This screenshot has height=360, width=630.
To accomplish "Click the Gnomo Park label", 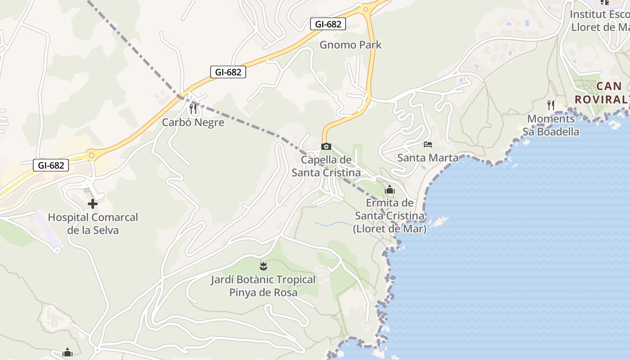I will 350,45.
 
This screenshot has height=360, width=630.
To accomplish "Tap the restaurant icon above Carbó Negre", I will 193,108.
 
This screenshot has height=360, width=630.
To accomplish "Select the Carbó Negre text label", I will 193,122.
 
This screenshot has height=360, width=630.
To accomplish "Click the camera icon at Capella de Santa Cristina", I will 326,146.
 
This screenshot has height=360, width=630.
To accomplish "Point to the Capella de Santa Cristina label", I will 326,166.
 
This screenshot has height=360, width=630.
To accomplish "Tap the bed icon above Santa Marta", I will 428,144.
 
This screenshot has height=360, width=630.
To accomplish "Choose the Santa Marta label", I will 428,158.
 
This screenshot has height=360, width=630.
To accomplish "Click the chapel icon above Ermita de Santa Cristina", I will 390,189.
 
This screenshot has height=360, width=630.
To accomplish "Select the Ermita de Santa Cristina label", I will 390,216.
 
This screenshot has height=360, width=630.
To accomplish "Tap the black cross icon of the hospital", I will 93,204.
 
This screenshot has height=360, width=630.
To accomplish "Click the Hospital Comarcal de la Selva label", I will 93,224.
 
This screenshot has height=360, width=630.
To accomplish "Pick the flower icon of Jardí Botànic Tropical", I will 263,266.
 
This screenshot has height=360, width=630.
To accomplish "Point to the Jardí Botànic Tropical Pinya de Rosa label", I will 263,286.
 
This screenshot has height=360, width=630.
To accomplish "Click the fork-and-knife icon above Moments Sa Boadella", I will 551,105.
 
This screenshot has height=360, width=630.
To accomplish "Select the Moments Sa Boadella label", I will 551,125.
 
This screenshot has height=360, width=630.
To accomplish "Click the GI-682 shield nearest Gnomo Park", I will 328,24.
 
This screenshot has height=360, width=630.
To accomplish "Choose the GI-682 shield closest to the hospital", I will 51,165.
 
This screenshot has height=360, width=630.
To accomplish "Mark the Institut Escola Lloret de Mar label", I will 599,21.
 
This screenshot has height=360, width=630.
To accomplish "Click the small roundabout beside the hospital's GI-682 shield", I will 92,156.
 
